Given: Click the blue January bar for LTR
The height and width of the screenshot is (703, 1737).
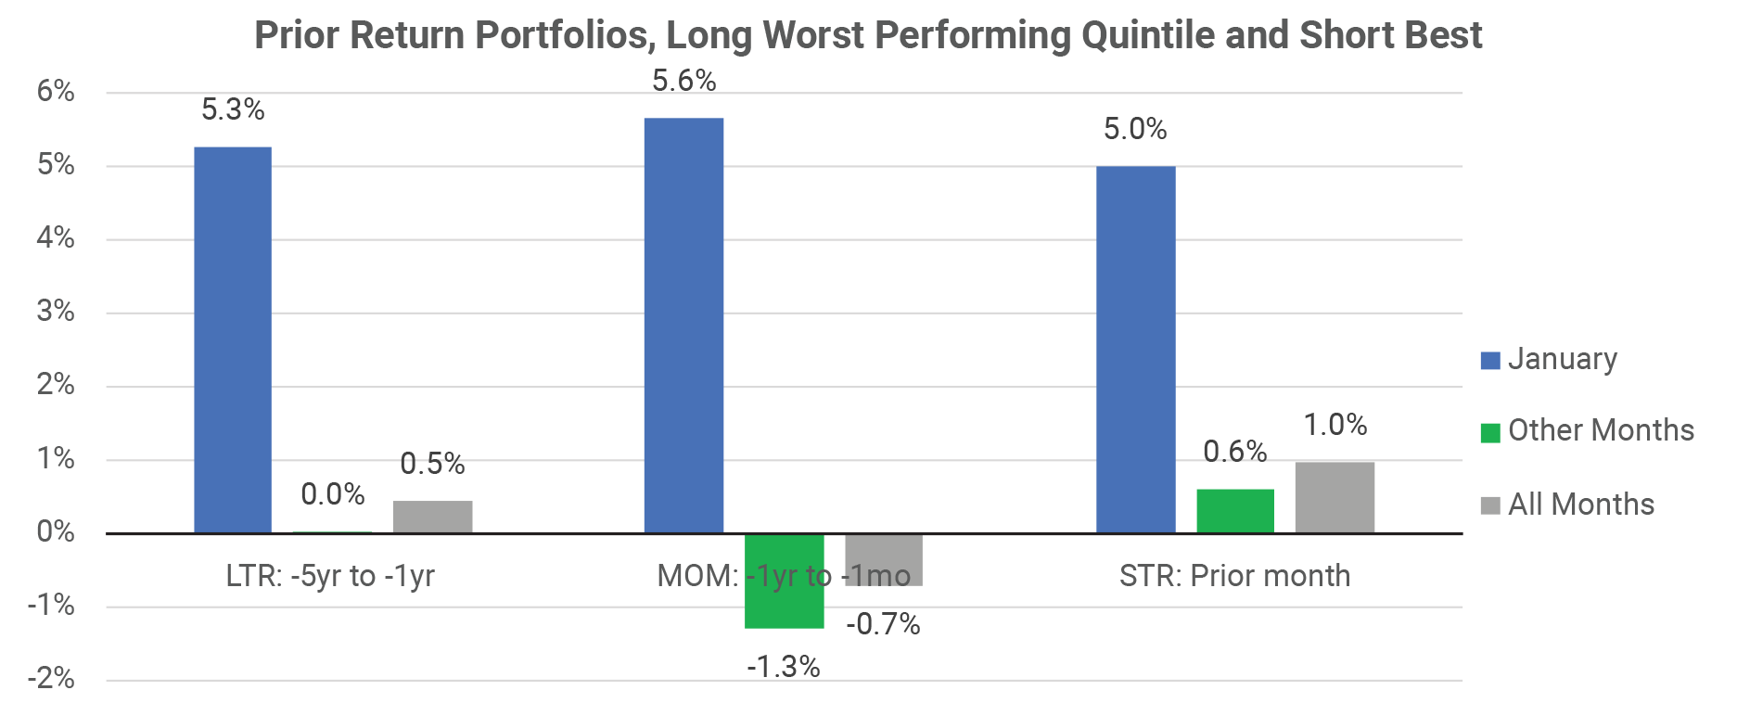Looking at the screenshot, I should [x=233, y=339].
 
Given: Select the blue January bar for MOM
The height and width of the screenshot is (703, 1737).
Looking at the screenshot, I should [x=683, y=325].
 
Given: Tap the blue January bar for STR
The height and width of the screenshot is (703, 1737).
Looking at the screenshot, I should [x=1135, y=349].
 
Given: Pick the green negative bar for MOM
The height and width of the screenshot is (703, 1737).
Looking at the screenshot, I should [x=784, y=582].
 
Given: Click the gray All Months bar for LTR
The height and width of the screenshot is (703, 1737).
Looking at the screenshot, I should [x=432, y=517].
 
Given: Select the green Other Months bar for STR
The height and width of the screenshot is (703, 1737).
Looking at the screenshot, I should [x=1234, y=511].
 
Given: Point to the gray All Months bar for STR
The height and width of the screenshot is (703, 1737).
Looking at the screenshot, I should [x=1335, y=497].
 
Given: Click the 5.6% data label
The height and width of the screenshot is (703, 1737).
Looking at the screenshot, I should [x=683, y=82].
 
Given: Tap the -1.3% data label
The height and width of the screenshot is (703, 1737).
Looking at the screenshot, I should [x=784, y=667].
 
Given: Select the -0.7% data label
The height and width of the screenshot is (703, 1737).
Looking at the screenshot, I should [x=883, y=624].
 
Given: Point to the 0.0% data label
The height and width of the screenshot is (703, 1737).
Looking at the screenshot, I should [x=333, y=494].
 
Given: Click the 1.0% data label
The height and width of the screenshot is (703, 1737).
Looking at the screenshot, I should [x=1335, y=425].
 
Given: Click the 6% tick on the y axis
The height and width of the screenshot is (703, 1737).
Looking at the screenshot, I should [x=56, y=91].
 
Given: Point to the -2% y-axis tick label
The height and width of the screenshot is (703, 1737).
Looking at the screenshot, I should [x=51, y=679].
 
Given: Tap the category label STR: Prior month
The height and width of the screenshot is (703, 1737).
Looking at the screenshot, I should [x=1234, y=576].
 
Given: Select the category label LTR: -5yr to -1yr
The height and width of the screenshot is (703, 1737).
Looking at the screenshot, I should [x=330, y=576].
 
